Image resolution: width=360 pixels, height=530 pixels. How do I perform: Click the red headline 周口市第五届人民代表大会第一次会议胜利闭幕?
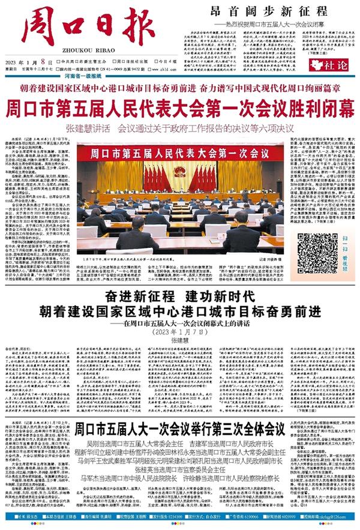[179, 110]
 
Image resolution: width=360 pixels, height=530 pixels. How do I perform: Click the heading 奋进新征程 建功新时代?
[179, 296]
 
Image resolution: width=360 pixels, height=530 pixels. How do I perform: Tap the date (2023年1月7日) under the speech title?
[179, 331]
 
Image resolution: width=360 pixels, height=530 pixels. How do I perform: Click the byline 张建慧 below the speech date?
[179, 341]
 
